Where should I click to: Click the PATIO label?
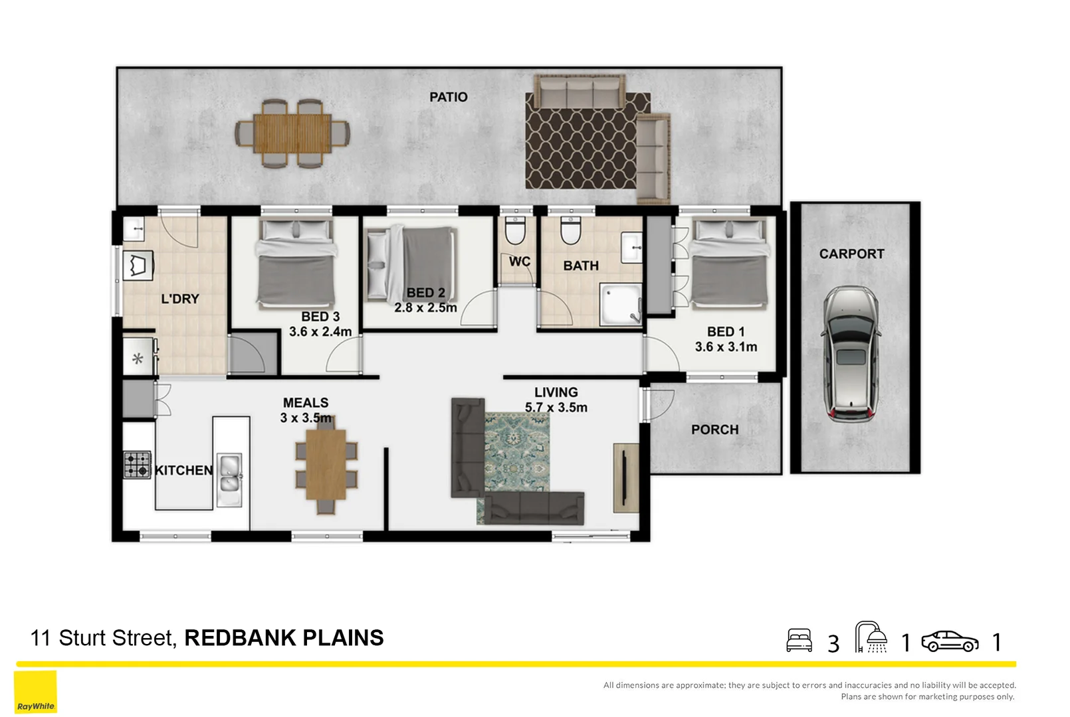coord(448,97)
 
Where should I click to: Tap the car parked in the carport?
coord(851,354)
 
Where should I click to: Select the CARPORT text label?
coord(851,254)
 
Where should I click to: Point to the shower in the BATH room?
coord(621,305)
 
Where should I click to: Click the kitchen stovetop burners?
coord(138,465)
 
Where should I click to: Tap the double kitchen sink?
coord(230,472)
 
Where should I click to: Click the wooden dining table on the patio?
coord(292,133)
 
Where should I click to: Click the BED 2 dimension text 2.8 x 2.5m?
coord(425,308)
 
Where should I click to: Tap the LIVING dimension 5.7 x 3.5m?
coord(556,408)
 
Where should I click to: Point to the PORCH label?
coord(714,430)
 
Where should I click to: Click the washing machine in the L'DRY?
coord(138,266)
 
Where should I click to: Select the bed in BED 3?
coord(296,266)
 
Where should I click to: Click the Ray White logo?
coord(36,692)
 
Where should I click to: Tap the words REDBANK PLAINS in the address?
coord(284,638)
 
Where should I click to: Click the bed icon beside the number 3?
coord(799,641)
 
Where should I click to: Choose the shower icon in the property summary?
coord(871,638)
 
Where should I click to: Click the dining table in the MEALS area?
coord(326,465)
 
